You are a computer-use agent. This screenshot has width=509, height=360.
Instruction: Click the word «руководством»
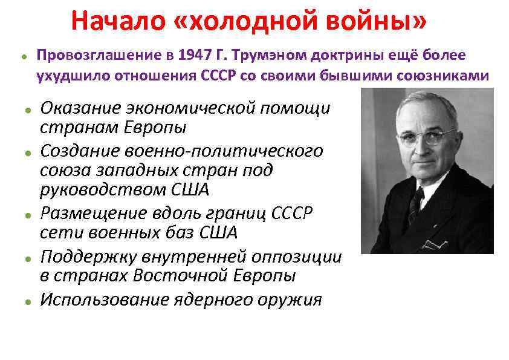click(x=103, y=190)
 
